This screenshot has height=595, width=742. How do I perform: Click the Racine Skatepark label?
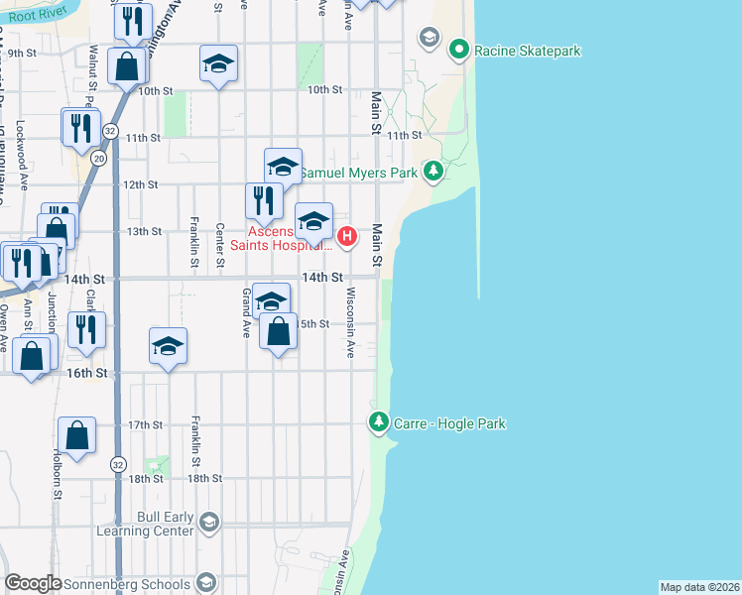(x=527, y=51)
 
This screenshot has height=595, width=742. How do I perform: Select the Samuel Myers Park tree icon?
(x=433, y=172)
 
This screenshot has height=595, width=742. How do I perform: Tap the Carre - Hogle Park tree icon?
(x=378, y=422)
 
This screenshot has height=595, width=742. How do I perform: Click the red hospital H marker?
(x=347, y=236)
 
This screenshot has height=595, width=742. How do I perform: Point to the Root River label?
(x=29, y=17)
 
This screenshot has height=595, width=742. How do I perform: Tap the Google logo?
(x=33, y=583)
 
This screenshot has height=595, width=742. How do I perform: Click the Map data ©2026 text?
(x=699, y=587)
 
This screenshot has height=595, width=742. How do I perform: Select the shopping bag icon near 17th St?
(x=77, y=434)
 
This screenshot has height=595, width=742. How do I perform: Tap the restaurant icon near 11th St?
(x=80, y=127)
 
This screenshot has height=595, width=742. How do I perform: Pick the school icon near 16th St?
(x=169, y=345)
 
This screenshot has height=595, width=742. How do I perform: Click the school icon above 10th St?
(x=218, y=64)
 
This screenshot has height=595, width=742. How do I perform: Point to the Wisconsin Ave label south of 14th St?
(x=350, y=322)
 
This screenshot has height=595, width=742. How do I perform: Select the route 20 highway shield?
(x=98, y=158)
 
